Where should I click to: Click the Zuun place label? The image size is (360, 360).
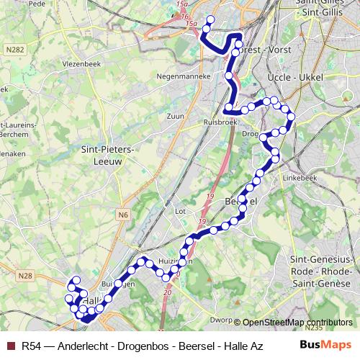coord(176,115)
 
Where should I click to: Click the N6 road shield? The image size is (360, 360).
coord(122,214)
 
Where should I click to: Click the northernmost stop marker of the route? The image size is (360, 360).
coord(211,19)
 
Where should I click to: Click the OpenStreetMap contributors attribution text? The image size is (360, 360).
coord(297,323)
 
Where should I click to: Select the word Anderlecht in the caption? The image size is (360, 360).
coord(86,345)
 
